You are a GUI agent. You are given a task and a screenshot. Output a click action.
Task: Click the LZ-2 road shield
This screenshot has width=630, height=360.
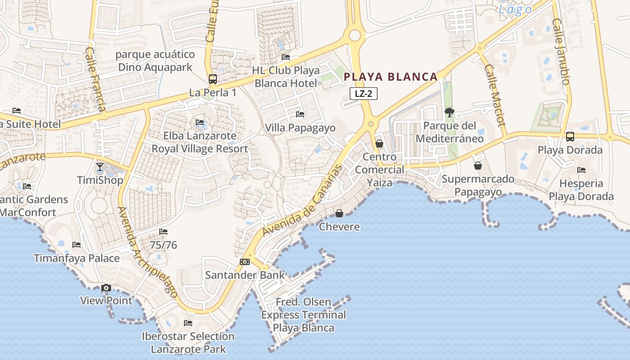pyautogui.click(x=363, y=94)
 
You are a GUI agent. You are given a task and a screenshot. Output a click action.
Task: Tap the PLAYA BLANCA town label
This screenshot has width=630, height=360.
pyautogui.click(x=391, y=77)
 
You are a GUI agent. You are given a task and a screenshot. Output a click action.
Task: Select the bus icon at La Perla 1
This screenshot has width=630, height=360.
pyautogui.click(x=213, y=79)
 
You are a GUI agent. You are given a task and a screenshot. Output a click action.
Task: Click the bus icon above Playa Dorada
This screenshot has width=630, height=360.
pyautogui.click(x=570, y=136)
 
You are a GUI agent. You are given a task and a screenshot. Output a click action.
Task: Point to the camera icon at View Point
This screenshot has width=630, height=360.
pyautogui.click(x=106, y=288)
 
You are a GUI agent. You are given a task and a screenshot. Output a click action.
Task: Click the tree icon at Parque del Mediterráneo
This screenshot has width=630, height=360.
pyautogui.click(x=449, y=112)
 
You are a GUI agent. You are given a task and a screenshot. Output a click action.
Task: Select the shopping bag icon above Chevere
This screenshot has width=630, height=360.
pyautogui.click(x=339, y=213)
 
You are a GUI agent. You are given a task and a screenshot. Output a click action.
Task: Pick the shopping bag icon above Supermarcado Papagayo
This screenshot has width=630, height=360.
pyautogui.click(x=478, y=166)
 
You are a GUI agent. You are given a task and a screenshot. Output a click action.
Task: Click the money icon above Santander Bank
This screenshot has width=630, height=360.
pyautogui.click(x=245, y=261)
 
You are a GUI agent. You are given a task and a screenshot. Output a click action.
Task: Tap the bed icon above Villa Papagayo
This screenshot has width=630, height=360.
pyautogui.click(x=300, y=114)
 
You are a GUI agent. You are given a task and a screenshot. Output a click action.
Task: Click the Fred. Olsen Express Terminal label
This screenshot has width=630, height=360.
pyautogui.click(x=304, y=315)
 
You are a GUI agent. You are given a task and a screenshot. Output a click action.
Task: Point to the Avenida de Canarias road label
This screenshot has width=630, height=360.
pyautogui.click(x=302, y=201)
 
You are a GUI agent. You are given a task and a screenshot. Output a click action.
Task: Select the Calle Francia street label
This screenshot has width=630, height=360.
pyautogui.click(x=95, y=79)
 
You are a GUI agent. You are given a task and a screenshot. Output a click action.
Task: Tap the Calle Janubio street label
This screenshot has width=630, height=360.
pyautogui.click(x=562, y=51)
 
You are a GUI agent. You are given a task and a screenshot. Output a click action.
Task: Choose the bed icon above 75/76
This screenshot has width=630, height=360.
pyautogui.click(x=163, y=232)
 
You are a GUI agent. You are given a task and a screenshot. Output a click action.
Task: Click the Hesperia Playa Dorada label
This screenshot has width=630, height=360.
pyautogui.click(x=581, y=190)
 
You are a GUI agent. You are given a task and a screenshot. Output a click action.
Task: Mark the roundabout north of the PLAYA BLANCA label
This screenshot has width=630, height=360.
pyautogui.click(x=355, y=35)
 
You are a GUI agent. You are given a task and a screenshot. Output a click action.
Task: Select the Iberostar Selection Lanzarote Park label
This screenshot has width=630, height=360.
pyautogui.click(x=188, y=342)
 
